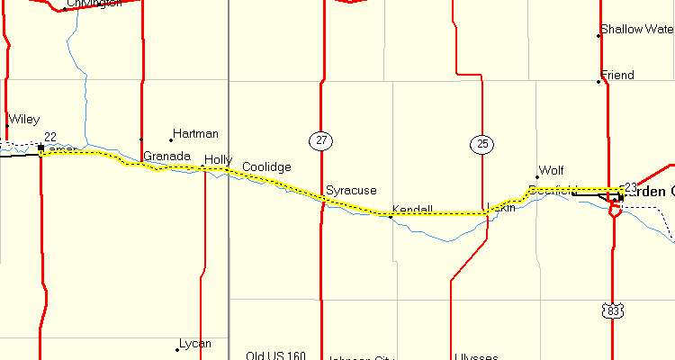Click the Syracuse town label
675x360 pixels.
(x=351, y=191)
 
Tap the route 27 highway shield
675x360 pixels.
(x=320, y=140)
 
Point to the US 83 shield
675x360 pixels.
(x=614, y=310)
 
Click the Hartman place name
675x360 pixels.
(x=195, y=134)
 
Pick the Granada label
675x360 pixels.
(x=166, y=157)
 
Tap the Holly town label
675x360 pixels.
(x=218, y=160)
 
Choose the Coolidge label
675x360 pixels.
(x=266, y=167)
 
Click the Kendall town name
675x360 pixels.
(x=412, y=210)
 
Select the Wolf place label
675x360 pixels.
(x=551, y=170)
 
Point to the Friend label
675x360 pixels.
(x=617, y=76)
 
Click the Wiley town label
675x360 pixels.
(x=23, y=120)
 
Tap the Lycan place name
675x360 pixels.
(x=195, y=344)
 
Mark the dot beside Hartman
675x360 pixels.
(x=171, y=140)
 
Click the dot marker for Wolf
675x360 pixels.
(x=537, y=177)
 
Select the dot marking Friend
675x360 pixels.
(x=598, y=82)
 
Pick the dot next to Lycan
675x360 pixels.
(x=177, y=350)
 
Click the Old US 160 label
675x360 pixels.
(x=275, y=355)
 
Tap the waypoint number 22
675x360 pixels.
(x=50, y=137)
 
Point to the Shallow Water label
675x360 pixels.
(x=636, y=30)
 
